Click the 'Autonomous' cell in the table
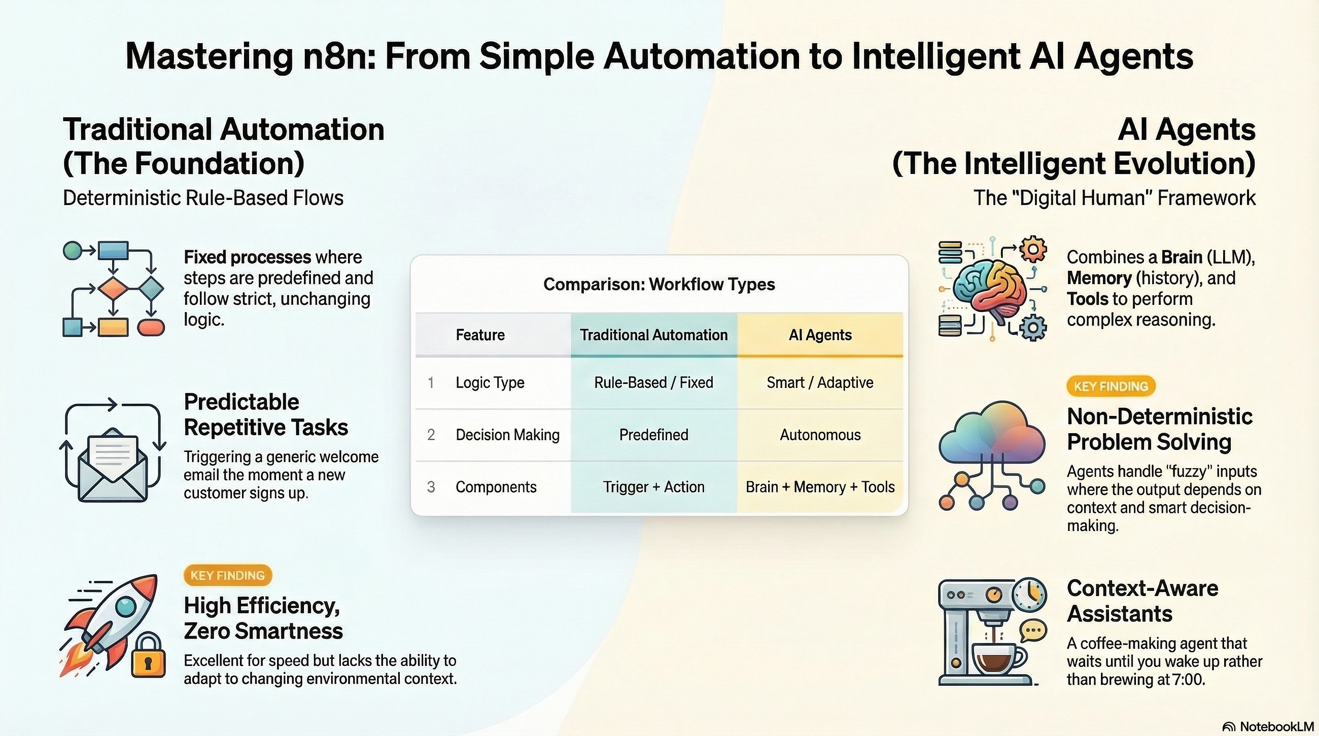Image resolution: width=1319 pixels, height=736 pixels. coord(820,435)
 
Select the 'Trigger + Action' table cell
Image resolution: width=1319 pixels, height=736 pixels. coord(653,487)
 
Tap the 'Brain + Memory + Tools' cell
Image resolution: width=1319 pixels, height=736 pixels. coord(820,487)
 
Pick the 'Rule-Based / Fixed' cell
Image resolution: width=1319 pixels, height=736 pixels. coord(653,382)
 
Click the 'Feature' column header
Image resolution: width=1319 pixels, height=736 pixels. coord(480,335)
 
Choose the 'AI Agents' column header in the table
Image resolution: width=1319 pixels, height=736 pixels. coord(820,335)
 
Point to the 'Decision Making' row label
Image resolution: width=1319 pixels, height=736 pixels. coord(507,435)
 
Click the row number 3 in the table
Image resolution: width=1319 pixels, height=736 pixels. coord(431,487)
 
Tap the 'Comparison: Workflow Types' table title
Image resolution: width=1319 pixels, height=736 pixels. coord(659,284)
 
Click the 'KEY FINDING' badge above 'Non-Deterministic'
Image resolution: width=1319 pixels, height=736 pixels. coord(1110,387)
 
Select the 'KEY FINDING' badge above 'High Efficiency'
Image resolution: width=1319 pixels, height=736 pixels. coord(227,575)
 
